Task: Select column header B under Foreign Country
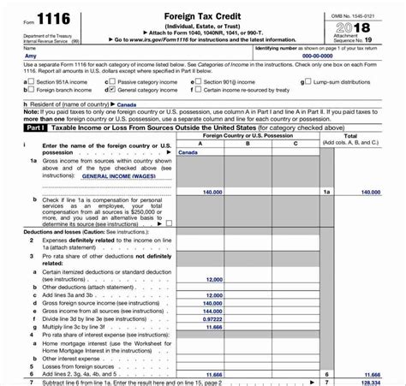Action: (x=248, y=144)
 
